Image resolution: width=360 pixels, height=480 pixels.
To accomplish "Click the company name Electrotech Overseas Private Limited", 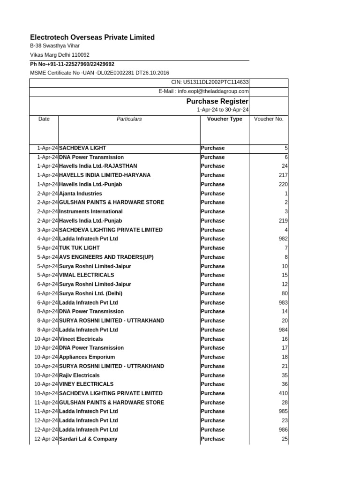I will click(92, 37).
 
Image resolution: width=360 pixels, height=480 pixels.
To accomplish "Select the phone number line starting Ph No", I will click(72, 64).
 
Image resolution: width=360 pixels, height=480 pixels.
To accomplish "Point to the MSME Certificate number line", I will click(99, 73).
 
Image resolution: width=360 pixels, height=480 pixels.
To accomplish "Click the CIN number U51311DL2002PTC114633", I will click(210, 82).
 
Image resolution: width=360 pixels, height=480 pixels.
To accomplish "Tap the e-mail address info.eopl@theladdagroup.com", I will click(203, 91).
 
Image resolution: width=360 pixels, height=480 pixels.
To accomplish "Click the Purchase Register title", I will click(217, 101).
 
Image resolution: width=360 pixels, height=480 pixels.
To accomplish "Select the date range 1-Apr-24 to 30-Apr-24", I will click(223, 110).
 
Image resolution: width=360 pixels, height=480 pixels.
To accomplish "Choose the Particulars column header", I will click(129, 119).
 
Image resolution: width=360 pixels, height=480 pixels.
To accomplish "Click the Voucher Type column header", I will click(225, 119).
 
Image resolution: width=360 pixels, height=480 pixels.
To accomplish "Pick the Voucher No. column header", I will click(269, 119).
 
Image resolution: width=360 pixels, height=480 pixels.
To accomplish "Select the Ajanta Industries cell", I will click(80, 194).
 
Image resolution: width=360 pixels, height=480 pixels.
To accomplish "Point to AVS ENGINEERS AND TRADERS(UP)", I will click(106, 257).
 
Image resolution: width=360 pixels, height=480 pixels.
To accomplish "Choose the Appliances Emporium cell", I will click(87, 357).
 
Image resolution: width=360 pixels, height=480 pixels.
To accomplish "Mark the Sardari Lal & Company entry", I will click(88, 439).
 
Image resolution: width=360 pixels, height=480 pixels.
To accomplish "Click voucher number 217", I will click(283, 175).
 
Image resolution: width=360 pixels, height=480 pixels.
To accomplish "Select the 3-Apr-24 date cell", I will click(46, 230).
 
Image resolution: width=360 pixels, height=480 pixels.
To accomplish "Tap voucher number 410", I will click(283, 393).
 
